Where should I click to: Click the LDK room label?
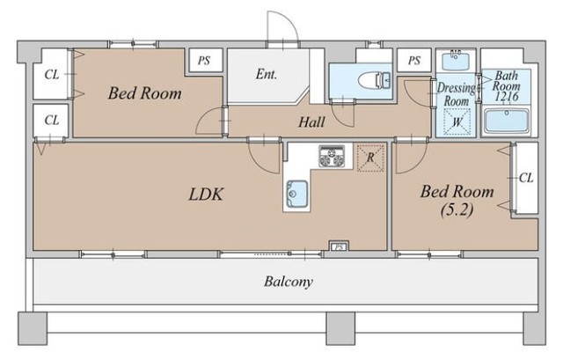206,195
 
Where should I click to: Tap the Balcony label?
289,282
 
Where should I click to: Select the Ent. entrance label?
267,74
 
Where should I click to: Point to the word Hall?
311,122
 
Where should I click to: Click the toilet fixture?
374,80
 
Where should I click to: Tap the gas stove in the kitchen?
332,157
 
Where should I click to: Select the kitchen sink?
296,195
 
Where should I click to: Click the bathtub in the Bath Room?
507,121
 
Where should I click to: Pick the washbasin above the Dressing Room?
456,61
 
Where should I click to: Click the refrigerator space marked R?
370,158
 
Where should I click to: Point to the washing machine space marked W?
457,122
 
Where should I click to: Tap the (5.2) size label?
457,209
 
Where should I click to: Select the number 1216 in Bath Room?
507,96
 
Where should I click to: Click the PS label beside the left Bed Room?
204,61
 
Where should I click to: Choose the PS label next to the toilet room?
414,61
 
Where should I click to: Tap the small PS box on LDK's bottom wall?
339,246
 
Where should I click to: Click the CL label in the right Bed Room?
526,178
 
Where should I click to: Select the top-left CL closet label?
52,74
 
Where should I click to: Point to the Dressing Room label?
457,95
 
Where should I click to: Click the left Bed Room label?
144,93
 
